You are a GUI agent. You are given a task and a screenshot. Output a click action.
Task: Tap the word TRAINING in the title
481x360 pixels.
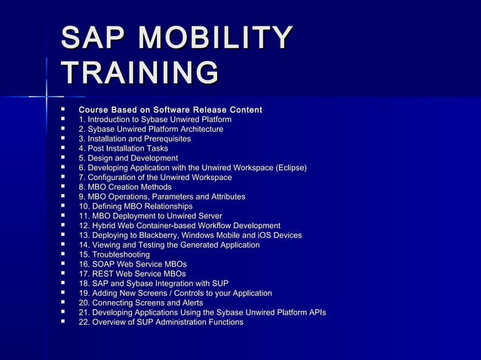(x=140, y=74)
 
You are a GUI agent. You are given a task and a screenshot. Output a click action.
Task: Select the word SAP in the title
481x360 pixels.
(x=95, y=39)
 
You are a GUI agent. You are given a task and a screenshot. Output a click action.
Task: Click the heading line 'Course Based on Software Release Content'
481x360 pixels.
(x=170, y=111)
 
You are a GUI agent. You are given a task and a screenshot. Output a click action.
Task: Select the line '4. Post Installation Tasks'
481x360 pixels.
(x=123, y=148)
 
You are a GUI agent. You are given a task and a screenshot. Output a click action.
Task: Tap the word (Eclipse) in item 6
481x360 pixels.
(x=291, y=167)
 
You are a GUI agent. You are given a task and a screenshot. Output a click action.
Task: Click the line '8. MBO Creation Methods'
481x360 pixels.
(x=124, y=187)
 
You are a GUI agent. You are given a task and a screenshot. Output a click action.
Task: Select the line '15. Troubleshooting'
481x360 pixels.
(x=114, y=255)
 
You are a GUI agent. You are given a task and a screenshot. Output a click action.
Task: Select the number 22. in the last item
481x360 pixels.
(x=84, y=322)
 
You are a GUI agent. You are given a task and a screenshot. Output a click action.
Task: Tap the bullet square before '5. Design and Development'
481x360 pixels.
(x=64, y=158)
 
